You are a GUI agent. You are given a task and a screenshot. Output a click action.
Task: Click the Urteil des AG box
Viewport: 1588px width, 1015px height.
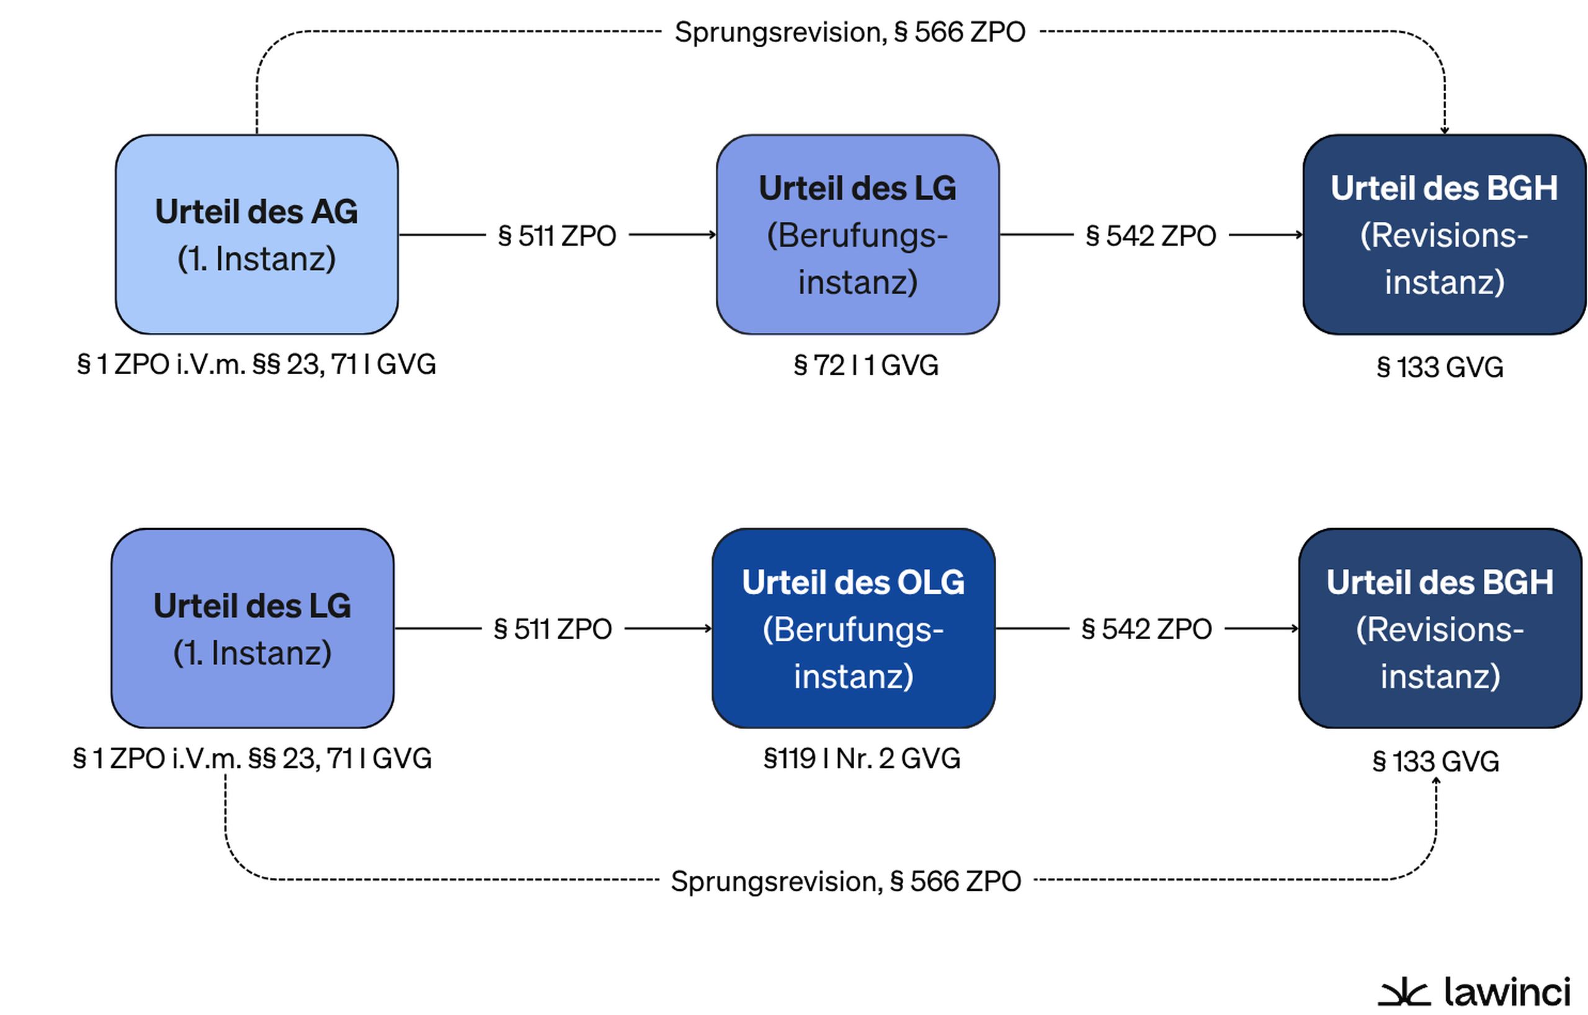click(x=257, y=234)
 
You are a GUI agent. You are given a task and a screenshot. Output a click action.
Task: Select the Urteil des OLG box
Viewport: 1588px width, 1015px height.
click(x=854, y=628)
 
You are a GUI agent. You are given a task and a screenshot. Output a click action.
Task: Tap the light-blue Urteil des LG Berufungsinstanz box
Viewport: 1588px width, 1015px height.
click(x=858, y=234)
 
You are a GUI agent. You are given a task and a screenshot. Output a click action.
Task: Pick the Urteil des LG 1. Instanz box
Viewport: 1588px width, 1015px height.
click(x=252, y=628)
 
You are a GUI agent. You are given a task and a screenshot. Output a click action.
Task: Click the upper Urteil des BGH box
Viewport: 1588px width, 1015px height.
click(x=1445, y=234)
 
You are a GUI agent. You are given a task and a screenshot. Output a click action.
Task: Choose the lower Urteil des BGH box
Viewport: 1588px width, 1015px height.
click(x=1440, y=628)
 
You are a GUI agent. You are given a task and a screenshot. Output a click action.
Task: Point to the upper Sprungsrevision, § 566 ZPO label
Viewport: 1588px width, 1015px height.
click(x=850, y=32)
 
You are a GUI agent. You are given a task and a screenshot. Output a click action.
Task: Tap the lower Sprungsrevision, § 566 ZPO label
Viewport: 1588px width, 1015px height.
click(x=846, y=881)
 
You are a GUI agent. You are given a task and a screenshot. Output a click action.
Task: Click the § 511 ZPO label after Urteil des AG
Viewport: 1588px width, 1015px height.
click(x=557, y=236)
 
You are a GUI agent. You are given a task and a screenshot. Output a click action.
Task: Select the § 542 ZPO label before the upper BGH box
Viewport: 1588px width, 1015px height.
click(x=1151, y=236)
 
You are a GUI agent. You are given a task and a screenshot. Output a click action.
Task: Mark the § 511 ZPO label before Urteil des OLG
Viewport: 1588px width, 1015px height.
click(x=553, y=628)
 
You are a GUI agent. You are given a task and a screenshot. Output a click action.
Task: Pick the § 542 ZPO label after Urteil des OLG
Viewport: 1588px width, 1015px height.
click(x=1147, y=628)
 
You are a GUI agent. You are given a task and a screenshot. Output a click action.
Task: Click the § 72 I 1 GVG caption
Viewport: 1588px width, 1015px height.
click(x=866, y=365)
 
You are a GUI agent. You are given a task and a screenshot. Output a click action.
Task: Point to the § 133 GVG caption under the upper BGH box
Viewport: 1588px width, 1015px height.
click(x=1440, y=367)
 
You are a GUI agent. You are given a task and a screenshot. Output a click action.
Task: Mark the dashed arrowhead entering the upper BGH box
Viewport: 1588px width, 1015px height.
click(x=1444, y=130)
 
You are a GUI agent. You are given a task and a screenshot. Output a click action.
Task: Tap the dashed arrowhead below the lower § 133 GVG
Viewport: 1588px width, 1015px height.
click(x=1436, y=781)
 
